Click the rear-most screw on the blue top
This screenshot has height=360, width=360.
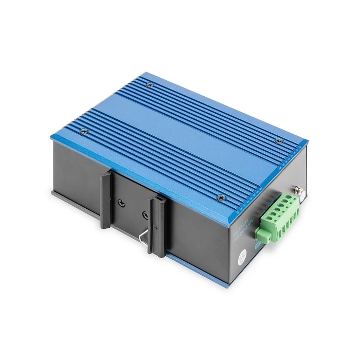[x=150, y=86]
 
